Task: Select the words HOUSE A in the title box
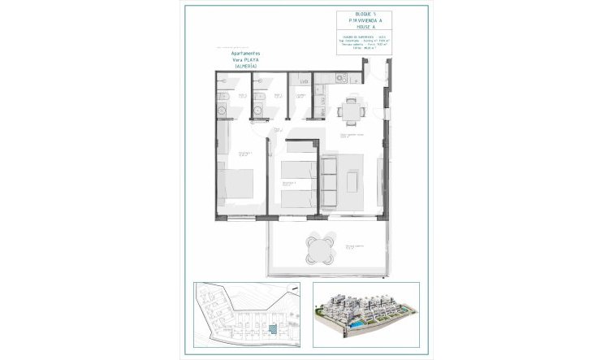pos(365,30)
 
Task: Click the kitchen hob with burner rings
pos(340,79)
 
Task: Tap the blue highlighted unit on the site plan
pos(273,331)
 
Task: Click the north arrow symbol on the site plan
pos(205,292)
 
